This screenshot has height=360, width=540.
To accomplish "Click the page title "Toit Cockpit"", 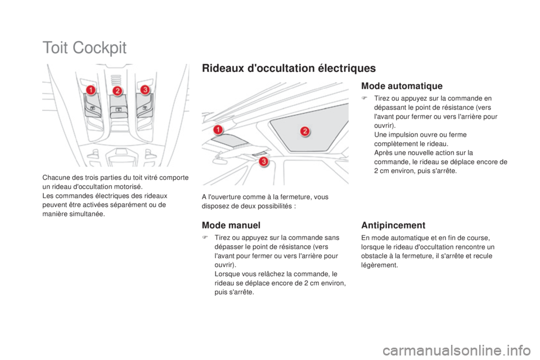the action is coord(84,48).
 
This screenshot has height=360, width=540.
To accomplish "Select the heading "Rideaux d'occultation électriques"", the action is coord(289,68).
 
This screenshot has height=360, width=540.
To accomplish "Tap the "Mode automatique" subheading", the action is coord(402,85).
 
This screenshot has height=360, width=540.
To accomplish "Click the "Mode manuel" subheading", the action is coord(231,226).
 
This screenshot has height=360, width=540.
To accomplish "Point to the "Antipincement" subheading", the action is coord(393,226).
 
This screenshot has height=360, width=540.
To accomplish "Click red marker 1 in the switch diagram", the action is coord(91,90).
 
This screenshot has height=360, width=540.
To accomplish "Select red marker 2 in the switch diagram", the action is coord(118,91).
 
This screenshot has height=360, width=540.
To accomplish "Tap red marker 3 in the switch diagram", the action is coord(145,89).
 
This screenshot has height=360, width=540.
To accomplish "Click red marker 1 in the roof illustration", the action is coord(218,130).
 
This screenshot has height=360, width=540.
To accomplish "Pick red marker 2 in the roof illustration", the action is coord(305,131).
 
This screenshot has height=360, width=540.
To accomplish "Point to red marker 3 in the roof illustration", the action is coord(264,161).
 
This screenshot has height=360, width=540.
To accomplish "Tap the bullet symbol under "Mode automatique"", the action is coord(364,98).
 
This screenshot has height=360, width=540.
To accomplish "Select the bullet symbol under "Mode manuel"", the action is coord(205,237).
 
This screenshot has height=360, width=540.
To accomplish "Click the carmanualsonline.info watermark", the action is coord(457,350).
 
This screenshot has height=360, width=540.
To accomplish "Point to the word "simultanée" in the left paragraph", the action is coord(89,214).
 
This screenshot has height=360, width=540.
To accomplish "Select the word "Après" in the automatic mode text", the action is coord(382,153).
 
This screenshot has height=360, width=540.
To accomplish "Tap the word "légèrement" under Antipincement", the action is coord(380,265).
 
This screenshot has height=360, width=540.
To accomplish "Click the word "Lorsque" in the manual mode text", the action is coord(227,274).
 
